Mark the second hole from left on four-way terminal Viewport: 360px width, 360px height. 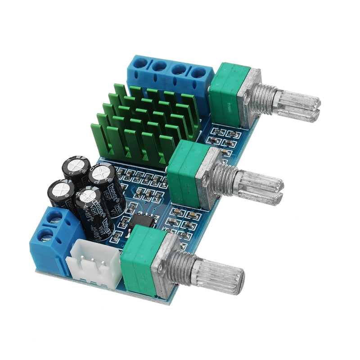pos(159,67)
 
